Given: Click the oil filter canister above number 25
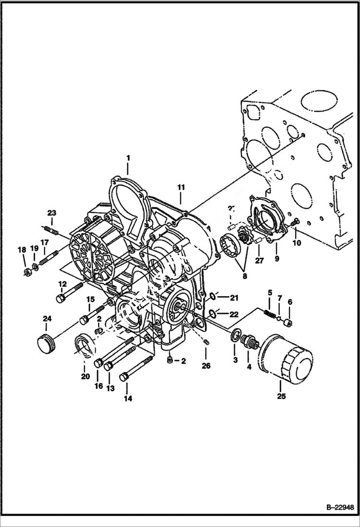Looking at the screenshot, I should [286, 356].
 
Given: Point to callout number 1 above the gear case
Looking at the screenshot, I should [128, 158].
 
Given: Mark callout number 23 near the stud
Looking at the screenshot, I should [51, 213].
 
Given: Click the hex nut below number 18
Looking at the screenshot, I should [26, 273].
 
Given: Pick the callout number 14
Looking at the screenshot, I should [128, 398].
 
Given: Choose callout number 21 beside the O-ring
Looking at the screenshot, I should [234, 298].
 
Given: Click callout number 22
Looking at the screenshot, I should [234, 314].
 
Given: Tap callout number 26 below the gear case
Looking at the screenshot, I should [206, 366].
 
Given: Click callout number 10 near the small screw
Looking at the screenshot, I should [297, 243].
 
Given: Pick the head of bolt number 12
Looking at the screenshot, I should [61, 298].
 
